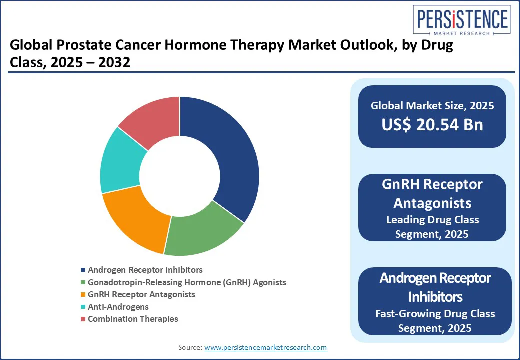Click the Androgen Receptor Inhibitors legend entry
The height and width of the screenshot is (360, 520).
click(145, 270)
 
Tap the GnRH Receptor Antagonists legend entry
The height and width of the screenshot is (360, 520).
click(141, 294)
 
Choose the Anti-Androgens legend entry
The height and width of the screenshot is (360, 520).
click(118, 307)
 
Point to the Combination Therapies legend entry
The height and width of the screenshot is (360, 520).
click(132, 319)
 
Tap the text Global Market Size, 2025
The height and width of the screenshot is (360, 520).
click(432, 105)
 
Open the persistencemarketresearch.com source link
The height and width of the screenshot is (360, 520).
click(265, 347)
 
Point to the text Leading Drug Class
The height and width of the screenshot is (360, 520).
click(432, 220)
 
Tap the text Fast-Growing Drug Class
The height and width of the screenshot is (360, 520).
click(435, 314)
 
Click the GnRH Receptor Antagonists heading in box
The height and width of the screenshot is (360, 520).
click(432, 193)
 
